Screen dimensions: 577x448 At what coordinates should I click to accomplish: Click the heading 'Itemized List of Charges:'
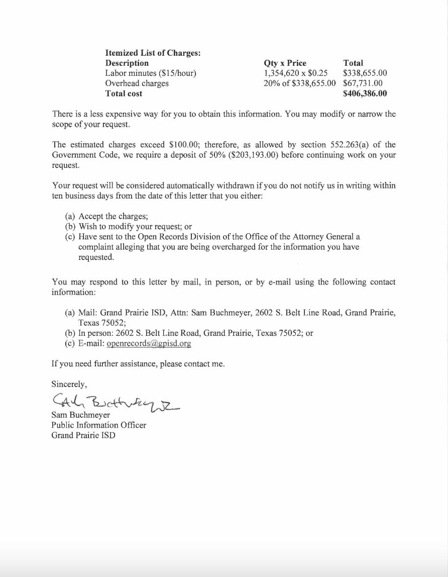153,53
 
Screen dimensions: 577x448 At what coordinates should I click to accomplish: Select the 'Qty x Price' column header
285,63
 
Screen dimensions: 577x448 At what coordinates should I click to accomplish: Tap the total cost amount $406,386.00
365,93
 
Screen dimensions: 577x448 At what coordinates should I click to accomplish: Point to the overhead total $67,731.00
363,83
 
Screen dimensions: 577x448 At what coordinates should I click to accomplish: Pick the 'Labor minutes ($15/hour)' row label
151,73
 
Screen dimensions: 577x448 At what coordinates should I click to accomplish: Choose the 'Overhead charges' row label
137,83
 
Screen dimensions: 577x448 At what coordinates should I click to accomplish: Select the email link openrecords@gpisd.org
149,344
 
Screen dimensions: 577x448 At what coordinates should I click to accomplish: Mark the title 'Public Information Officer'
98,425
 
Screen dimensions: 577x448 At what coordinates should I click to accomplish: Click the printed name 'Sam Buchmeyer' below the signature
80,415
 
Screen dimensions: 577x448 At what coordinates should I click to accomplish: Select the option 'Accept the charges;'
113,217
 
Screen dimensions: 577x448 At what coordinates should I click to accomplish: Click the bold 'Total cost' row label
124,93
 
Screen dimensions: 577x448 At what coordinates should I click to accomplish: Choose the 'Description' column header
127,63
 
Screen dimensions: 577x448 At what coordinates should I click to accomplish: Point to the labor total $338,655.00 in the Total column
365,73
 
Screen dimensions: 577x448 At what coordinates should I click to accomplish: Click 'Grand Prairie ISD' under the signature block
83,435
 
